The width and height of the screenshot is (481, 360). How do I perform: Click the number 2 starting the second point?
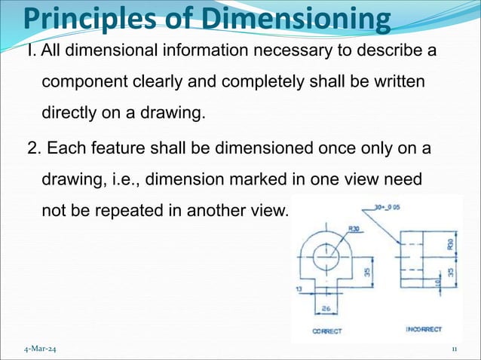(32, 147)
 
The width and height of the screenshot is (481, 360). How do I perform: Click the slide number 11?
(455, 349)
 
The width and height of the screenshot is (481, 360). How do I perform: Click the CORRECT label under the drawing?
(326, 331)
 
